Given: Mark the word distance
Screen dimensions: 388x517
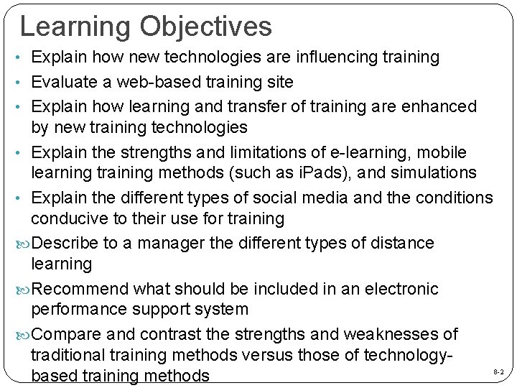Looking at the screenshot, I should [401, 244].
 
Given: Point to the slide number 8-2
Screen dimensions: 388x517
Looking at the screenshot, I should [498, 372].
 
